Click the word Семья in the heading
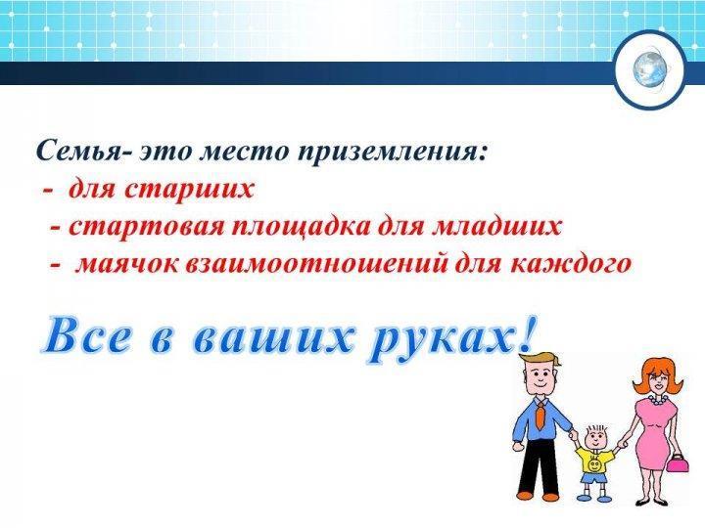point(79,151)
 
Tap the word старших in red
point(189,189)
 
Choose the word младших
point(496,227)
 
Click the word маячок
point(126,264)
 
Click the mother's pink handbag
point(675,461)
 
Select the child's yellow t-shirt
point(595,461)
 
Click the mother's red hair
point(657,376)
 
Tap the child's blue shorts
point(592,478)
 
